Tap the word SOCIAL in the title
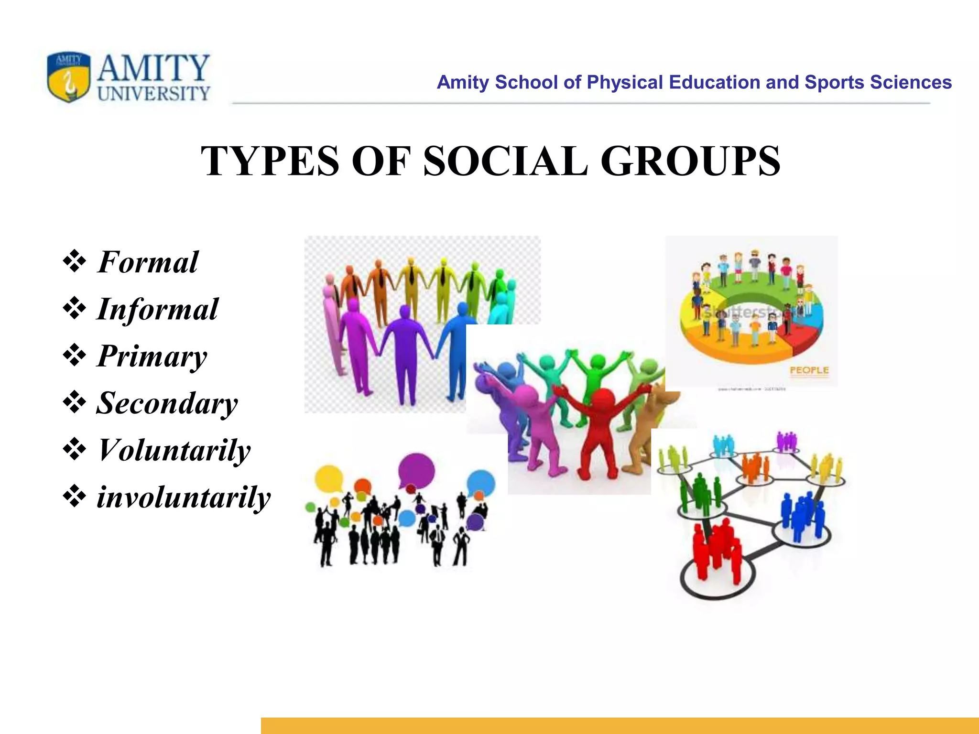pos(505,161)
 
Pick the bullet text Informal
pos(157,309)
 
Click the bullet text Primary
pos(152,356)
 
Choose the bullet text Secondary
pos(167,403)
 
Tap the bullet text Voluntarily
pos(174,450)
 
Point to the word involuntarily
pos(184,497)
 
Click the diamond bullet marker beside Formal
pos(75,262)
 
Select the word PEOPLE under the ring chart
pos(809,370)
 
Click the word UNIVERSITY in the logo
pos(154,94)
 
